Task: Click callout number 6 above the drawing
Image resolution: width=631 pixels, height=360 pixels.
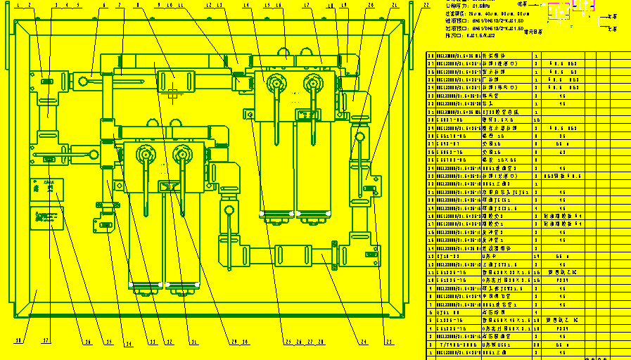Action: [x=104, y=6]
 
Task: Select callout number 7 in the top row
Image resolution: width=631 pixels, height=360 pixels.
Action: [x=120, y=6]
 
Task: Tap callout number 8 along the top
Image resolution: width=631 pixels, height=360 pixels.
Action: [x=137, y=6]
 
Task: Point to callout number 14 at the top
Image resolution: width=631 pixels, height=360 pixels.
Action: [x=246, y=6]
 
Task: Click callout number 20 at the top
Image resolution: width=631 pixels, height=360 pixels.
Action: [x=371, y=6]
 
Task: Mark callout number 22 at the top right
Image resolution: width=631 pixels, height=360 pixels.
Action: [x=426, y=6]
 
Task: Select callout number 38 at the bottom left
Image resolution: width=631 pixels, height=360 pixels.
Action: [x=19, y=341]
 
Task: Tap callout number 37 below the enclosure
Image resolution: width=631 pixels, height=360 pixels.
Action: [x=46, y=341]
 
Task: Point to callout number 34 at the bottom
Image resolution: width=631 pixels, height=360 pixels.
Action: [x=129, y=344]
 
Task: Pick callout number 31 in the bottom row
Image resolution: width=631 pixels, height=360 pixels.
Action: [x=194, y=344]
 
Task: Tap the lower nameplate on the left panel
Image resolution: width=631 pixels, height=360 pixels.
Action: [x=46, y=217]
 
